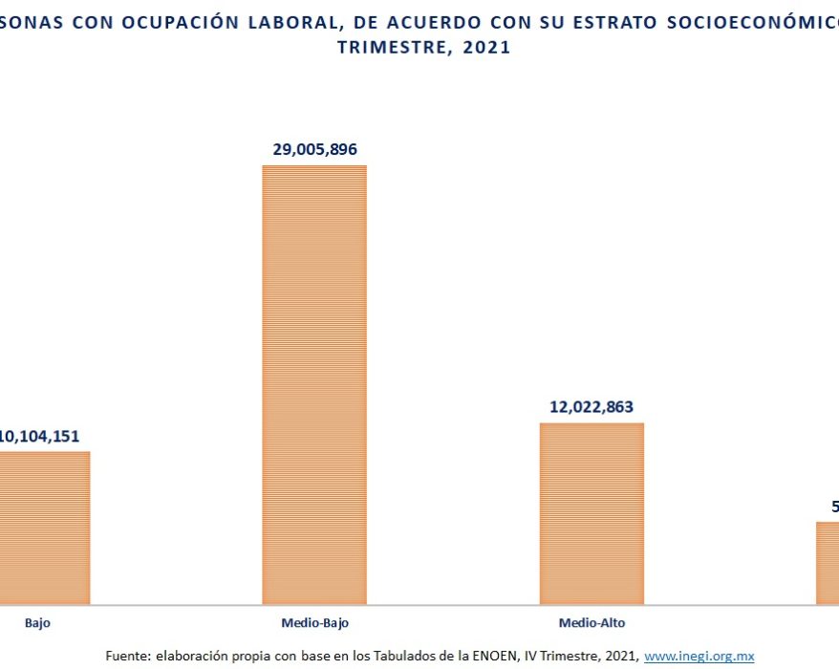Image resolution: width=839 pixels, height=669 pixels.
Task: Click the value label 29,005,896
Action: click(x=314, y=149)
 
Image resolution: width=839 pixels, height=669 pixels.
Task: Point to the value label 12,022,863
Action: click(x=592, y=406)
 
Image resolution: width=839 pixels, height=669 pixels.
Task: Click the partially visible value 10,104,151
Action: click(x=39, y=436)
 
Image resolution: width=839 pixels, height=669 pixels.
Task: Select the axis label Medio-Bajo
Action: click(x=314, y=622)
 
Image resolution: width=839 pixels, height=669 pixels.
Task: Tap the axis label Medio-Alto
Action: click(x=592, y=622)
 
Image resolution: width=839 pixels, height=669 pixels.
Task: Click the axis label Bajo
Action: click(x=38, y=622)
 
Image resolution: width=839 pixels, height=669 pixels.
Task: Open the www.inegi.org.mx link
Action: click(x=699, y=657)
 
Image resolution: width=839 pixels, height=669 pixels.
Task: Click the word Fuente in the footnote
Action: click(x=126, y=657)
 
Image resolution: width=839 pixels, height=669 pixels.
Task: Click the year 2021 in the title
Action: click(x=485, y=48)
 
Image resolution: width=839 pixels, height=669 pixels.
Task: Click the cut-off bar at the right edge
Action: click(x=828, y=563)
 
